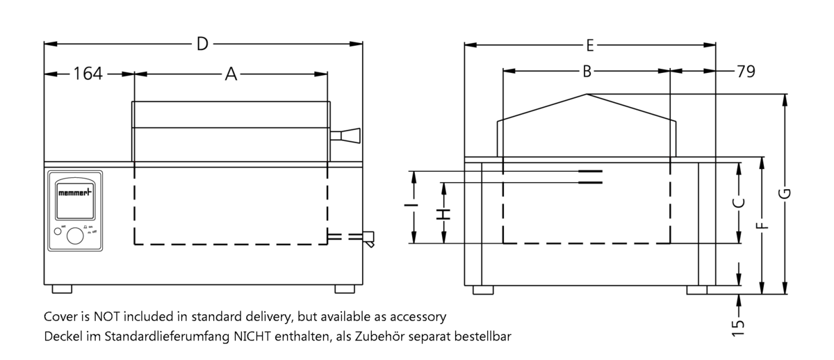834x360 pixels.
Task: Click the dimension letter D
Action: [x=202, y=44]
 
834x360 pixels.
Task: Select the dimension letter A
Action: [x=231, y=74]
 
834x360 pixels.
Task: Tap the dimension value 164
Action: [x=88, y=74]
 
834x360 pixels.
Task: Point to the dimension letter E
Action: [x=589, y=46]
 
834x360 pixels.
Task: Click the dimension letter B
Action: [x=587, y=71]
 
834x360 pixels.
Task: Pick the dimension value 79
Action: [x=746, y=72]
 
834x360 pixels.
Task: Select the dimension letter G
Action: [x=785, y=193]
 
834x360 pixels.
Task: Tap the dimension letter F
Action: [x=762, y=225]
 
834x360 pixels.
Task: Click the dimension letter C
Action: [x=740, y=202]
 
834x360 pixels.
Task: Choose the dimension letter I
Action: [x=414, y=206]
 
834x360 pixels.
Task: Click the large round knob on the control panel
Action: [x=74, y=237]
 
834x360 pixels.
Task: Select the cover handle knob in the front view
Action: [x=347, y=135]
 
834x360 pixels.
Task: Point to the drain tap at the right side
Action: [x=367, y=238]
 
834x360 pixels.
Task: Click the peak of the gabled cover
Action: [x=587, y=95]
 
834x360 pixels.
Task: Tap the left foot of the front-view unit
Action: [x=62, y=288]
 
